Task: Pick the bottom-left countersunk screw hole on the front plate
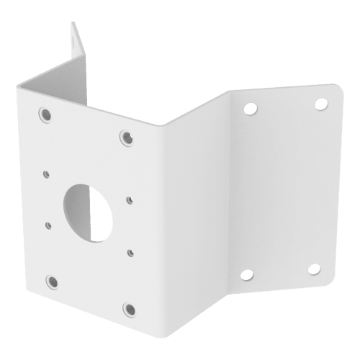(51, 280)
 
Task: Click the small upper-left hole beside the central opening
(46, 174)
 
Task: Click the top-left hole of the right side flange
(250, 109)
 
